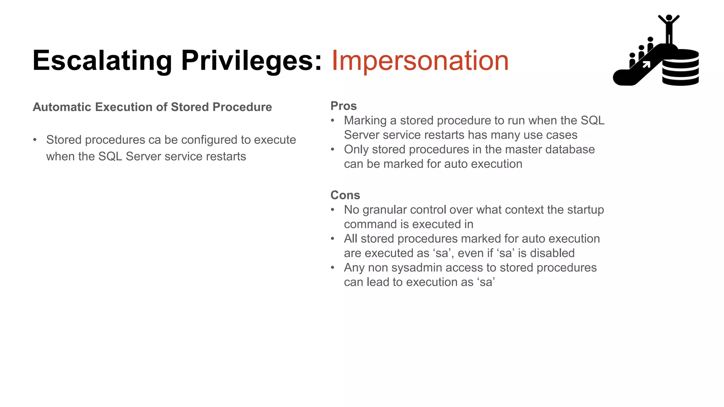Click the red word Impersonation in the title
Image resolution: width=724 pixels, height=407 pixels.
coord(420,61)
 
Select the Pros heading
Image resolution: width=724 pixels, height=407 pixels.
coord(343,106)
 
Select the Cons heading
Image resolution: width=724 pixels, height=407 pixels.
coord(345,195)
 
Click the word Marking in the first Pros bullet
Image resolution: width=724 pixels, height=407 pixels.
coord(365,120)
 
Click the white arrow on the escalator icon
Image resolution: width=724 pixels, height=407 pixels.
coord(646,64)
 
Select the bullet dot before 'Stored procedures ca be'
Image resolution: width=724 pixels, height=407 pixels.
coord(35,140)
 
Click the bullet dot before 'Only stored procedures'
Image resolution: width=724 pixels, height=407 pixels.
coord(333,149)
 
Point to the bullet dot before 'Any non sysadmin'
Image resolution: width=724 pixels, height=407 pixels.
coord(333,268)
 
